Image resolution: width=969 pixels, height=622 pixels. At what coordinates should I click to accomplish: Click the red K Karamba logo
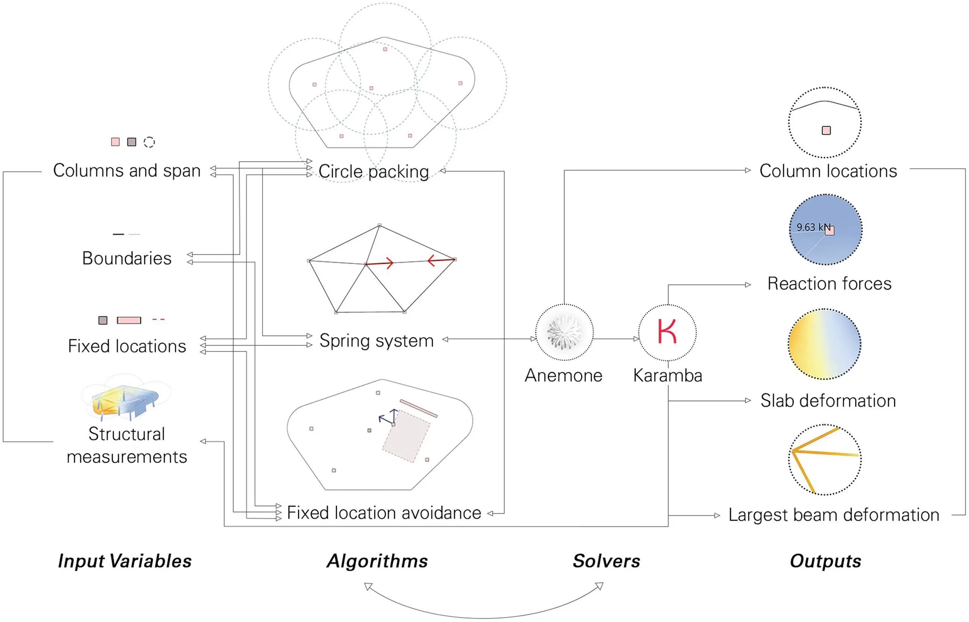[667, 331]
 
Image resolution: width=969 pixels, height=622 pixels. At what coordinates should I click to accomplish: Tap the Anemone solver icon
[564, 332]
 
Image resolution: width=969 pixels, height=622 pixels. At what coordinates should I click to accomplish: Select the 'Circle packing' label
[373, 171]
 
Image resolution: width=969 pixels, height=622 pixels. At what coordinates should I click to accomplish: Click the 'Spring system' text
[376, 340]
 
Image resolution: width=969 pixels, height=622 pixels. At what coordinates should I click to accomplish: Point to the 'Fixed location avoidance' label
[384, 513]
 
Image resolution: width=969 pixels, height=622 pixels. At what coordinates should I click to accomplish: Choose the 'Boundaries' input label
[127, 258]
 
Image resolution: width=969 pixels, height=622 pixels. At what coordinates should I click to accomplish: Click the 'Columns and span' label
[127, 170]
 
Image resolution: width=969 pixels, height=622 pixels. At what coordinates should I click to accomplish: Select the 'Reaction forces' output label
[829, 284]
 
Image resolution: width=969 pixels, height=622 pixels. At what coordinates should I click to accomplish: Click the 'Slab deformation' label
[828, 401]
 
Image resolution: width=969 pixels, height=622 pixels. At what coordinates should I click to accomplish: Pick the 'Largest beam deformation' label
[834, 515]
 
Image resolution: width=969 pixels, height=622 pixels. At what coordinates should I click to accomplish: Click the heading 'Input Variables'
[125, 561]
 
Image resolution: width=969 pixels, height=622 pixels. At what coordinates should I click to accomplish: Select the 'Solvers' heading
[607, 561]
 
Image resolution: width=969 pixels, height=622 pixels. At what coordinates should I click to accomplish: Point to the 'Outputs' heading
[825, 561]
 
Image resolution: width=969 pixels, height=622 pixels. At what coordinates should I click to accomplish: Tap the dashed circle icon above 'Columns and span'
[149, 142]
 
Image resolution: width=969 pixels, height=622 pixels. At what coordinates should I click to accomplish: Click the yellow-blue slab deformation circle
[825, 344]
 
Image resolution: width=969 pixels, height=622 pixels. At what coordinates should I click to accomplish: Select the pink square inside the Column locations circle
[826, 130]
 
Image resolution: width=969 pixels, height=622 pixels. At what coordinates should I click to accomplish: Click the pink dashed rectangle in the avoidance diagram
[406, 436]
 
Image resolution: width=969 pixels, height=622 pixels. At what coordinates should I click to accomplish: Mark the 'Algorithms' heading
[377, 561]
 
